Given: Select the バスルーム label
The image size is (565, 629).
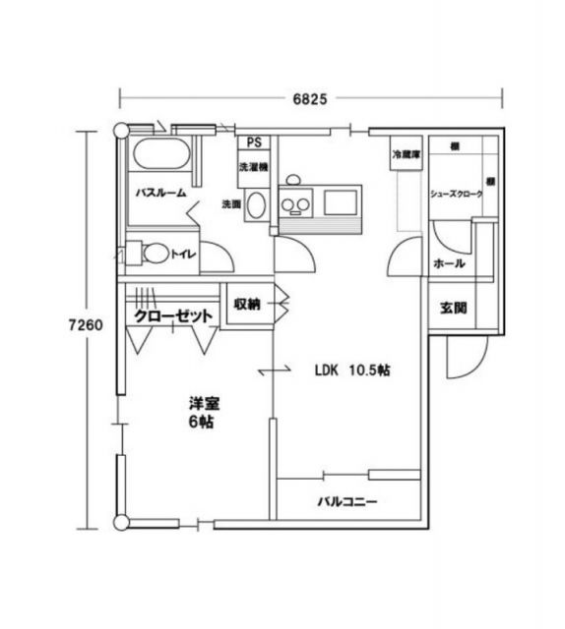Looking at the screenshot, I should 161,194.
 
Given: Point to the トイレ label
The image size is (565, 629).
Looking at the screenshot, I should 185,255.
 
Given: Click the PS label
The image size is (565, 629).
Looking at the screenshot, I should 254,143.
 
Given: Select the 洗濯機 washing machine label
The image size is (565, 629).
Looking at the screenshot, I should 253,167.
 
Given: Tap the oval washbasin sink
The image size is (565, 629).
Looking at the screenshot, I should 255,205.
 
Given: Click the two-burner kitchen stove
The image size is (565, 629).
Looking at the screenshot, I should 294,204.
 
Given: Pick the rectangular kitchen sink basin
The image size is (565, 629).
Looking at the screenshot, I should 340,203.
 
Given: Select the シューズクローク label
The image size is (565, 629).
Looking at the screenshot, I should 456,194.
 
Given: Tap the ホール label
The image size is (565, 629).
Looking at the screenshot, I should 449,264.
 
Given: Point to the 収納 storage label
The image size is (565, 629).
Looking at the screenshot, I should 247,304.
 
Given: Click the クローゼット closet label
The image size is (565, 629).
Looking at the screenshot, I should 173,316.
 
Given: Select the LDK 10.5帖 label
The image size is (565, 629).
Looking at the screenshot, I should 352,371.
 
